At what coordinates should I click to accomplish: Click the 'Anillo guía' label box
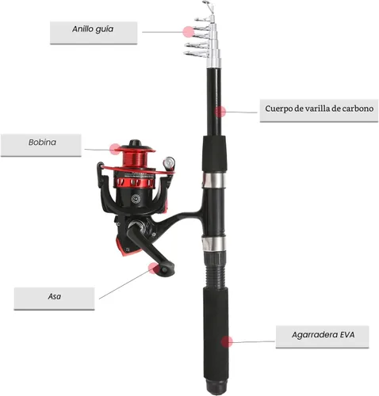pyautogui.click(x=94, y=32)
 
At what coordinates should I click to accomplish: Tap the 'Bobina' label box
pyautogui.click(x=41, y=145)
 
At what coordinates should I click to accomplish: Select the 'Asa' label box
pyautogui.click(x=54, y=299)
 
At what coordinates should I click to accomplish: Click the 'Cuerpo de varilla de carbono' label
pyautogui.click(x=319, y=111)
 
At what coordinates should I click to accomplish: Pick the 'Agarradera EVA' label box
pyautogui.click(x=323, y=337)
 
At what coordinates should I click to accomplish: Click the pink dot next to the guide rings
pyautogui.click(x=189, y=32)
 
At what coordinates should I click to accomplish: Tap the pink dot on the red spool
pyautogui.click(x=115, y=149)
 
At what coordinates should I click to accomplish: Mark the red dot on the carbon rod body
pyautogui.click(x=220, y=112)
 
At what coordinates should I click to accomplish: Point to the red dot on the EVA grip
pyautogui.click(x=227, y=342)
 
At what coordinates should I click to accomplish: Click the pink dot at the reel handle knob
pyautogui.click(x=154, y=268)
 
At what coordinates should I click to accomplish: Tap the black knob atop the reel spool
pyautogui.click(x=136, y=143)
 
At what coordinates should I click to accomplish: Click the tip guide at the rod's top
pyautogui.click(x=208, y=6)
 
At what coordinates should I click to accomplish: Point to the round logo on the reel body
pyautogui.click(x=136, y=198)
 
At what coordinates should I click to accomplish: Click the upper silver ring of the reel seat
pyautogui.click(x=214, y=180)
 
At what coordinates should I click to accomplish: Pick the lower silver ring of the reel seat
pyautogui.click(x=214, y=244)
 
